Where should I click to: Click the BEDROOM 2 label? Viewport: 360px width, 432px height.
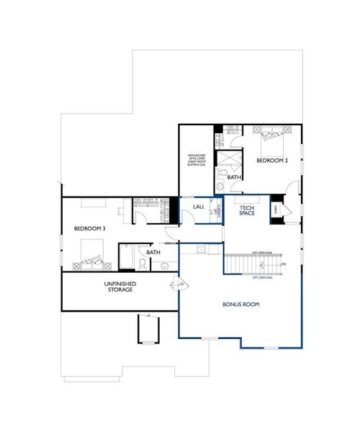tap(271, 161)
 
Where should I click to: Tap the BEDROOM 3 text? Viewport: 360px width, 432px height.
tap(90, 228)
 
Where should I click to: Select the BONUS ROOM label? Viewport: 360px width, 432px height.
tap(241, 305)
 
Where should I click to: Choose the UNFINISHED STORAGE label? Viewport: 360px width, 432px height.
tap(121, 287)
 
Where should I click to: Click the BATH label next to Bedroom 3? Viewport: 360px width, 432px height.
tap(153, 253)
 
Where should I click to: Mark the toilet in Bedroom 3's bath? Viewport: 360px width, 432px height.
tap(144, 264)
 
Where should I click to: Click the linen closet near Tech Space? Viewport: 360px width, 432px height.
tap(274, 209)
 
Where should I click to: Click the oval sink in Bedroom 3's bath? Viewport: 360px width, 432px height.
tap(165, 265)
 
